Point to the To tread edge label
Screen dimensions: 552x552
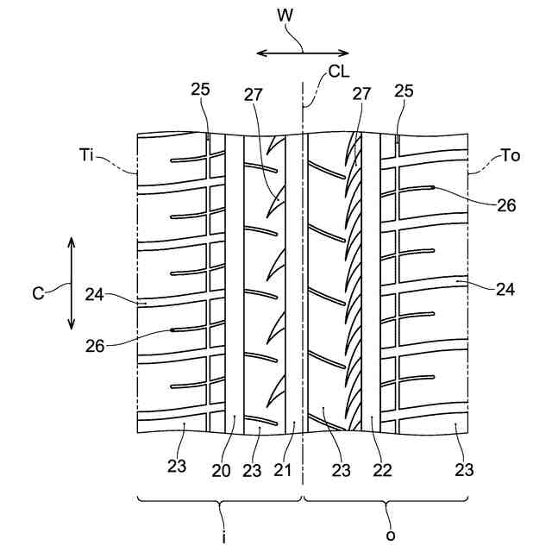point(511,156)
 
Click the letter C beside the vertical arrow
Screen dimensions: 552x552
point(38,292)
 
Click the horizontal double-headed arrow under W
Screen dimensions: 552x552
point(304,53)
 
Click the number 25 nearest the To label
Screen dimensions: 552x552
point(403,91)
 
